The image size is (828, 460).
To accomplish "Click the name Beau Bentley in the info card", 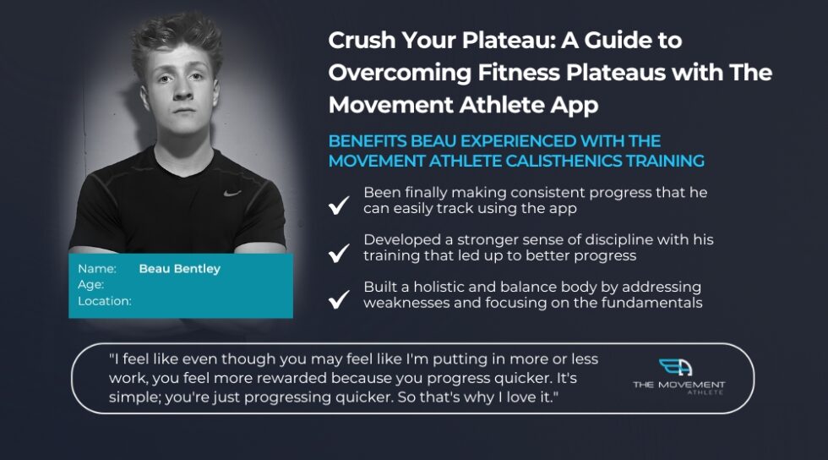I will click(x=179, y=269).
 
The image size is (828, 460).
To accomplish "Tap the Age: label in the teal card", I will click(x=90, y=285).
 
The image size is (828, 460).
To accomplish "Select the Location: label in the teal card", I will click(x=104, y=301).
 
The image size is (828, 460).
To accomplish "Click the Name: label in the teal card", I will click(x=95, y=269).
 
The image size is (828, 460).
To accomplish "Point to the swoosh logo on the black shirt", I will click(x=232, y=192).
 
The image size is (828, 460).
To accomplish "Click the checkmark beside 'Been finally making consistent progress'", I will click(x=339, y=205).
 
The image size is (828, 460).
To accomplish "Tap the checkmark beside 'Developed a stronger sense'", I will click(x=339, y=252).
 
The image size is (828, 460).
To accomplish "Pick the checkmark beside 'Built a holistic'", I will click(x=339, y=298).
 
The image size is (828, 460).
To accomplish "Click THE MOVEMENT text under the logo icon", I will click(x=678, y=385).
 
